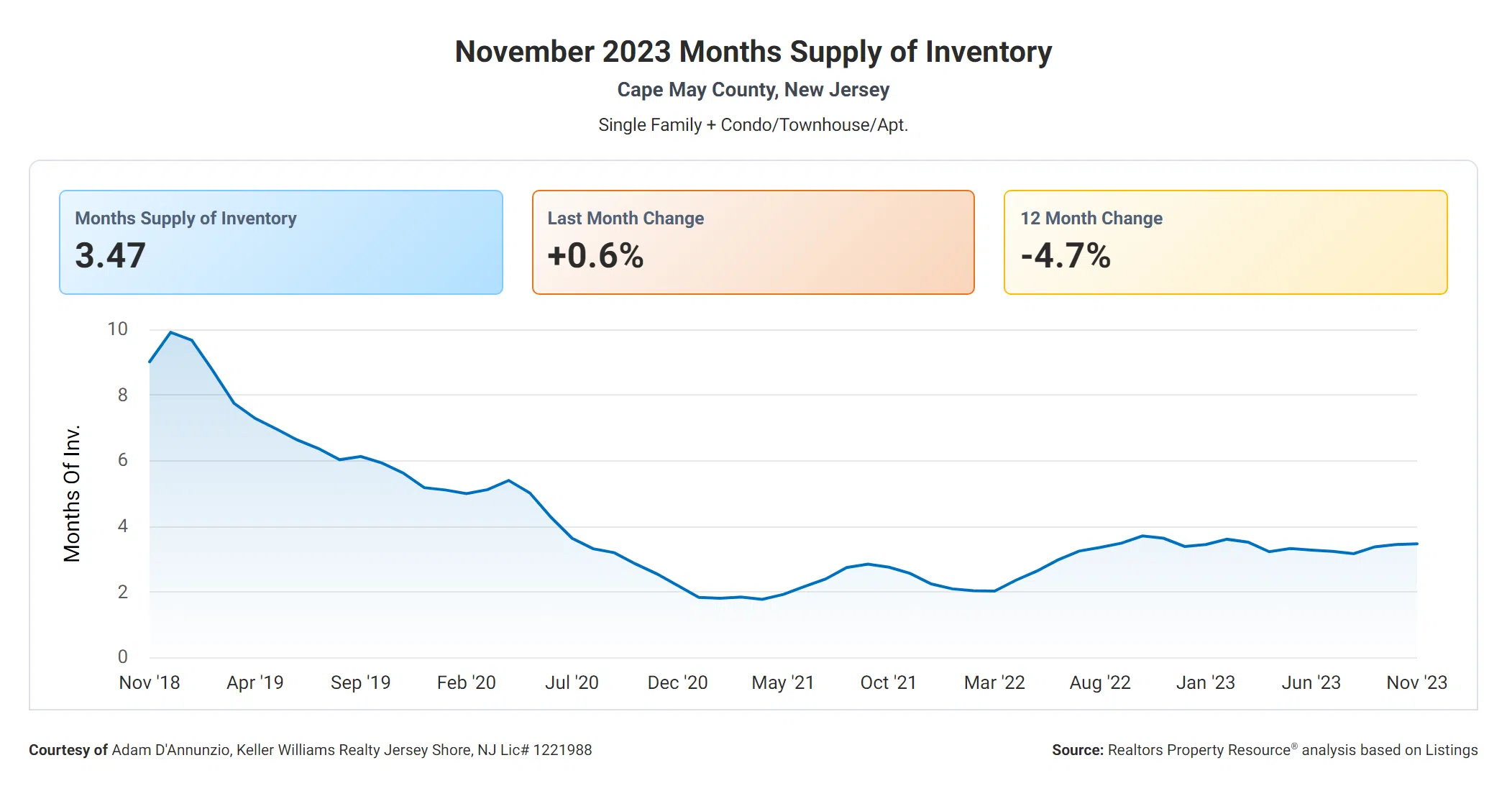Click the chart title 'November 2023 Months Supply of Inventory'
click(x=753, y=52)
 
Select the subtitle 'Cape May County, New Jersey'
click(x=753, y=90)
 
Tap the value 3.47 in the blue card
click(x=111, y=255)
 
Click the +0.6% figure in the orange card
click(x=595, y=255)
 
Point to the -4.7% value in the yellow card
click(x=1066, y=255)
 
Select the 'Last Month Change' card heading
click(x=626, y=218)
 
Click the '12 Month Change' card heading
click(x=1091, y=218)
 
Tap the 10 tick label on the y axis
click(x=117, y=329)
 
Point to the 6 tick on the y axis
click(x=123, y=460)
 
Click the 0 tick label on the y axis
click(x=123, y=657)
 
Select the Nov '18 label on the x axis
click(x=150, y=682)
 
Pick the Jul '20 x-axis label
click(x=572, y=682)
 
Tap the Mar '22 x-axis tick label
click(x=994, y=682)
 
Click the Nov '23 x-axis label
click(x=1416, y=682)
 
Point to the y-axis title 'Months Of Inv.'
click(x=72, y=493)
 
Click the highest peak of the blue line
click(x=170, y=332)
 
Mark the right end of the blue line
click(x=1416, y=544)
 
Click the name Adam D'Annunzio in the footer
click(x=171, y=750)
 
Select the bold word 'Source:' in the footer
click(x=1077, y=750)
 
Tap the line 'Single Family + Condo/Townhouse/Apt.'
click(x=753, y=125)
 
